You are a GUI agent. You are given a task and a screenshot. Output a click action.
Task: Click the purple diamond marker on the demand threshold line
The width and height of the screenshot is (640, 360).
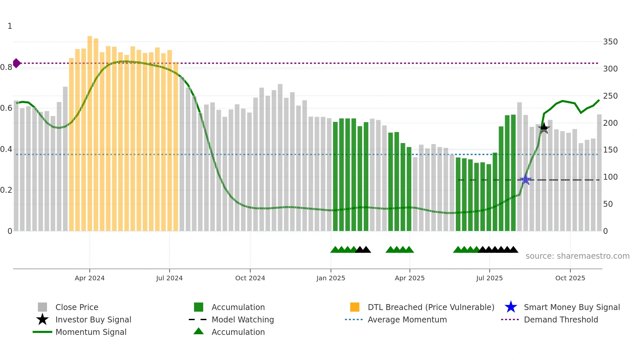click(x=17, y=63)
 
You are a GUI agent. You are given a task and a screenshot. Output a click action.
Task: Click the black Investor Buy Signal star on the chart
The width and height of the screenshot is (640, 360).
click(x=544, y=128)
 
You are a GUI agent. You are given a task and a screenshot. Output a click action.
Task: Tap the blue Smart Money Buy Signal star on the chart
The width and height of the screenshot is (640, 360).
click(x=525, y=180)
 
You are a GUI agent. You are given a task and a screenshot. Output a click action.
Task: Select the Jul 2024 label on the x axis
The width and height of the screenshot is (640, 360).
click(x=169, y=278)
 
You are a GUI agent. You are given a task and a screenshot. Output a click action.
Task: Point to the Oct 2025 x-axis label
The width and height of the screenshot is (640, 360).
click(x=570, y=278)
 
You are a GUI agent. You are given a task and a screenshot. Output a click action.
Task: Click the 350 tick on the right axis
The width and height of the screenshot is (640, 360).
click(x=610, y=42)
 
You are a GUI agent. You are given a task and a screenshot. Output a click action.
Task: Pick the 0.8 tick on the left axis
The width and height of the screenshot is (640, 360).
click(x=6, y=67)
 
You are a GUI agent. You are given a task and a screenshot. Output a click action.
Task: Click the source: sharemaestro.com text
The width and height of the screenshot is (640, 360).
click(x=577, y=256)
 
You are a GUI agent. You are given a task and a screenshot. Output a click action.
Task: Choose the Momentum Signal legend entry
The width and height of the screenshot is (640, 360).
click(x=91, y=332)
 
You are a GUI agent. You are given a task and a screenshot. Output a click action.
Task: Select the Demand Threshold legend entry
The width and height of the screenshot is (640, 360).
click(x=561, y=319)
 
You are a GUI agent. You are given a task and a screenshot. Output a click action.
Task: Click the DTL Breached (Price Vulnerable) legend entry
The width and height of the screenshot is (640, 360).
click(x=431, y=307)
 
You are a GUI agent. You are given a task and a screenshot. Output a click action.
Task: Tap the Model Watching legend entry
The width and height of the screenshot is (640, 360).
click(x=243, y=319)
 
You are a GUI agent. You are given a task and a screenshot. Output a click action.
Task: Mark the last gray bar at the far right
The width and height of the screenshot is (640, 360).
click(x=599, y=173)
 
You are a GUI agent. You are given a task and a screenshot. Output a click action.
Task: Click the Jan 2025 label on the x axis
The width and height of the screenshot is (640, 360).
click(x=330, y=278)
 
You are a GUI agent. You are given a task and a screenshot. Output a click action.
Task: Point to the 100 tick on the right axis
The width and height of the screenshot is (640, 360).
click(x=610, y=177)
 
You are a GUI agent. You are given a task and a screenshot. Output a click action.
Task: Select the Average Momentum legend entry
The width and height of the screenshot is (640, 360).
click(x=407, y=319)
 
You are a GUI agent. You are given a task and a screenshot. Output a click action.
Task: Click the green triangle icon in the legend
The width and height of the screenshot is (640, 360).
click(x=199, y=332)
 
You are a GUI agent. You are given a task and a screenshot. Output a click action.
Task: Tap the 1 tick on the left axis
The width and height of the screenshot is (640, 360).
click(x=10, y=26)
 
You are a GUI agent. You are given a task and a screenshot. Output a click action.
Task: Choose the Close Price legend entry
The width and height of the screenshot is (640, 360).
click(x=77, y=307)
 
